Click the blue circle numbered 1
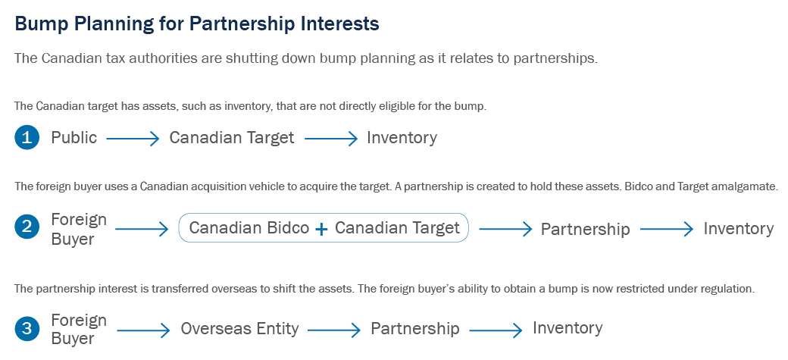[x=27, y=138]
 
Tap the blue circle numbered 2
[x=27, y=228]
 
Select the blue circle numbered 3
[x=27, y=329]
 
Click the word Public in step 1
[x=74, y=138]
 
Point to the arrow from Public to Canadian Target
[x=133, y=139]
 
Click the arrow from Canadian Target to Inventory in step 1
[x=331, y=139]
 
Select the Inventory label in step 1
[x=402, y=138]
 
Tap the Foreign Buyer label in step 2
[x=80, y=229]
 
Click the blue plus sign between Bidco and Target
[x=321, y=230]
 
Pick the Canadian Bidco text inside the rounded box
[x=249, y=228]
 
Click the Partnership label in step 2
[x=586, y=230]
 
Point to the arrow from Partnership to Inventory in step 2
[x=667, y=230]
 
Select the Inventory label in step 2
[x=739, y=229]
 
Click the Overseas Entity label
[x=239, y=330]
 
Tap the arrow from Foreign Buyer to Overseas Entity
[x=144, y=330]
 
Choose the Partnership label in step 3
[x=415, y=329]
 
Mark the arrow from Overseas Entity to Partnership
[x=334, y=330]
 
